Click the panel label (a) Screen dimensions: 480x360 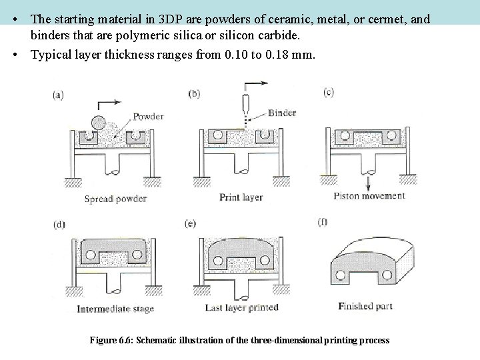point(59,95)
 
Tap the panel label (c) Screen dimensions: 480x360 point(328,93)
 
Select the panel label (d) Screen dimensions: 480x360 point(59,225)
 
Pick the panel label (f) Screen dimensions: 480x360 point(325,221)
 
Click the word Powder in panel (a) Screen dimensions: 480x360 point(149,116)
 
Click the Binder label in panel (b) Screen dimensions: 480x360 point(283,113)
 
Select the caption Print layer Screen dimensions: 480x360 point(242,197)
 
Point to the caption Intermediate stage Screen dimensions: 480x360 point(115,309)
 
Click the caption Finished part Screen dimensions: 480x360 point(365,307)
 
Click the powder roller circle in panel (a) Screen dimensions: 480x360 point(99,123)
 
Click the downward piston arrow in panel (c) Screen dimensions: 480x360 point(366,181)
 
